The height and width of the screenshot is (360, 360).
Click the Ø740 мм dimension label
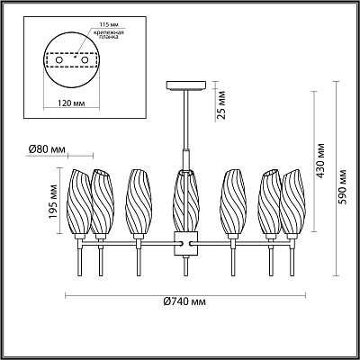[x=185, y=301]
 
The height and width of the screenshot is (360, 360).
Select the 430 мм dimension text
[x=320, y=161]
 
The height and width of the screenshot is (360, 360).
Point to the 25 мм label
[x=221, y=104]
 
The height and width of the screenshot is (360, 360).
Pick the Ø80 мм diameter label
[x=47, y=149]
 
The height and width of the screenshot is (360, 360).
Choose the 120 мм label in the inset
[x=71, y=103]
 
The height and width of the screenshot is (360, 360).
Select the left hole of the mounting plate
[x=59, y=60]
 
